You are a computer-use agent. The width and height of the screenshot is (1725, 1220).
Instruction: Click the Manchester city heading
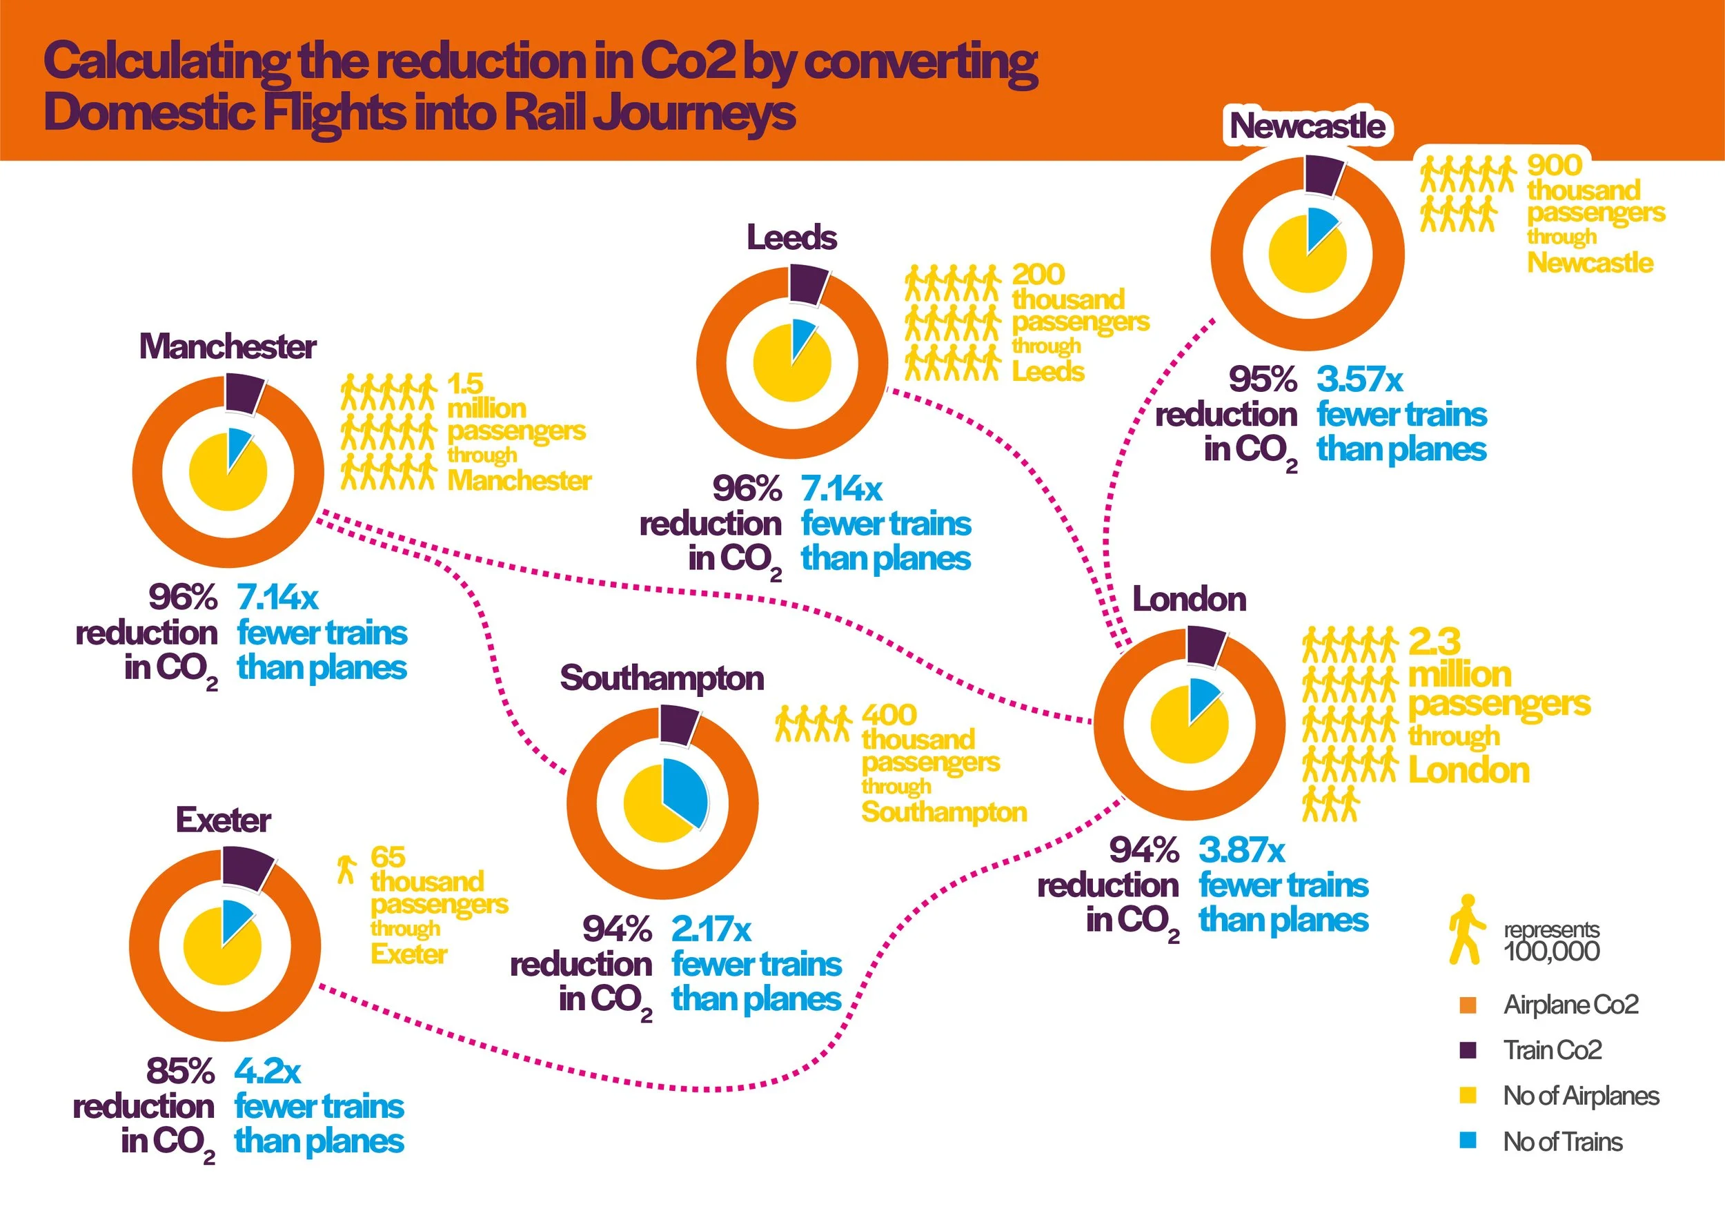pyautogui.click(x=227, y=347)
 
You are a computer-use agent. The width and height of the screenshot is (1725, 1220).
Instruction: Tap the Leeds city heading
pyautogui.click(x=791, y=238)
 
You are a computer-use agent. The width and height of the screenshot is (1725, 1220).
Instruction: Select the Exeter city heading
pyautogui.click(x=223, y=820)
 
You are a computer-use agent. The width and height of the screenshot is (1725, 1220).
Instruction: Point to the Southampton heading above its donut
pyautogui.click(x=662, y=678)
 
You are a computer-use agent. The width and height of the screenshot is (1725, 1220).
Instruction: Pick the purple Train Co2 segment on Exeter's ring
pyautogui.click(x=246, y=870)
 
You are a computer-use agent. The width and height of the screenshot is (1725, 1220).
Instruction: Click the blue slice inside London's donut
pyautogui.click(x=1203, y=696)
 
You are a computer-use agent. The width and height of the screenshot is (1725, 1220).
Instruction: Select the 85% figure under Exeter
pyautogui.click(x=180, y=1071)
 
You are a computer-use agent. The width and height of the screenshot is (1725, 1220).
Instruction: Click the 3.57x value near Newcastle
pyautogui.click(x=1359, y=380)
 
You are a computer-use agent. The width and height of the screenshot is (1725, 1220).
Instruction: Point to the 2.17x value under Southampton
pyautogui.click(x=711, y=930)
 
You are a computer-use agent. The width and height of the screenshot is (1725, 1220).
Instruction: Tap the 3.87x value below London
pyautogui.click(x=1241, y=850)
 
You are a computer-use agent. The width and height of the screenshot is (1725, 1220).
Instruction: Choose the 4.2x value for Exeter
pyautogui.click(x=268, y=1071)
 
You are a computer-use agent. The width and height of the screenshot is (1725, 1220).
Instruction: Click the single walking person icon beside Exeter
pyautogui.click(x=346, y=869)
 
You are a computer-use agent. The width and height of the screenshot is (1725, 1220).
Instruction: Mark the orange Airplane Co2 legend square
pyautogui.click(x=1468, y=1005)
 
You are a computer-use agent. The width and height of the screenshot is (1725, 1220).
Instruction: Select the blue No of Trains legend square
pyautogui.click(x=1468, y=1141)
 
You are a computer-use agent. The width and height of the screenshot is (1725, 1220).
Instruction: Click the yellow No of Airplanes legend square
pyautogui.click(x=1468, y=1095)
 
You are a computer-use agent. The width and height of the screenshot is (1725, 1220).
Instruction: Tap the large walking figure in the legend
pyautogui.click(x=1465, y=929)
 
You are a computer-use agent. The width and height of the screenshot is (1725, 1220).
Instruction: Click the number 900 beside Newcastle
pyautogui.click(x=1555, y=164)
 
